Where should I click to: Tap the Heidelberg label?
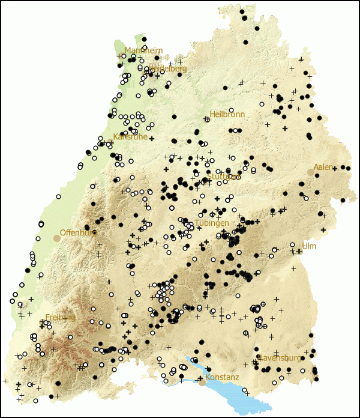[168, 68]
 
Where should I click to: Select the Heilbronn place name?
[227, 114]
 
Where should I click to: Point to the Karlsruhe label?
[130, 136]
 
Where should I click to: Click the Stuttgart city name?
[223, 177]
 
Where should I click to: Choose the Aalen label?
[323, 167]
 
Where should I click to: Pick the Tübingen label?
[212, 223]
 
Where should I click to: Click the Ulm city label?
[309, 246]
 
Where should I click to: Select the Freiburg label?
[60, 317]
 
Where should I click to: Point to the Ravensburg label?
[280, 358]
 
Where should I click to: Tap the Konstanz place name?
[222, 377]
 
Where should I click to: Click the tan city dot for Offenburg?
[57, 238]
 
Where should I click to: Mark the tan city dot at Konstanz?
[202, 382]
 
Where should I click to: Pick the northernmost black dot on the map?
[242, 11]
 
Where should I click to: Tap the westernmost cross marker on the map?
[5, 380]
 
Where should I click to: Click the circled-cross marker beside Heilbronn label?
[207, 120]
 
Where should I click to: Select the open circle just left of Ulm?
[292, 245]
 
